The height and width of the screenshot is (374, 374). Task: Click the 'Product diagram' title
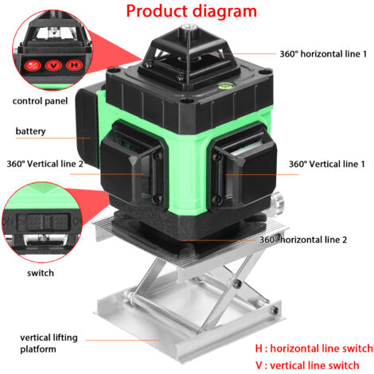(192, 11)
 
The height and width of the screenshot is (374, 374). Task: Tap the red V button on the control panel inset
(53, 65)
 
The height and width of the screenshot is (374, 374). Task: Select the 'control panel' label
(40, 101)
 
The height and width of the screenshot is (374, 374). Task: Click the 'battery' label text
(30, 131)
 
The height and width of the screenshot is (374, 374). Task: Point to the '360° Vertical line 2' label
(45, 164)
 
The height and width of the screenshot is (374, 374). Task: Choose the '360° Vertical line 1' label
(327, 164)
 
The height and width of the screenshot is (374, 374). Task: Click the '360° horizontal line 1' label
(323, 54)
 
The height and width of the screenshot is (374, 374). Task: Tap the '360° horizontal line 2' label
(303, 240)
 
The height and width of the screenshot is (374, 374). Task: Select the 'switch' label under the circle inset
(41, 273)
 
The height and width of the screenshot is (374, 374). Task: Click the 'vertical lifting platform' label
(49, 343)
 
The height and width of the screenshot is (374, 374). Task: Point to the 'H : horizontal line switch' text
(314, 349)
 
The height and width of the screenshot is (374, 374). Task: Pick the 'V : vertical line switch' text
(307, 365)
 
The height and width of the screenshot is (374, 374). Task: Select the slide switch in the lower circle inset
(42, 221)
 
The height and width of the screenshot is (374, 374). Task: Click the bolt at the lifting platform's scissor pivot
(237, 283)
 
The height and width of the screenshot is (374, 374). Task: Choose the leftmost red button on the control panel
(33, 66)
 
